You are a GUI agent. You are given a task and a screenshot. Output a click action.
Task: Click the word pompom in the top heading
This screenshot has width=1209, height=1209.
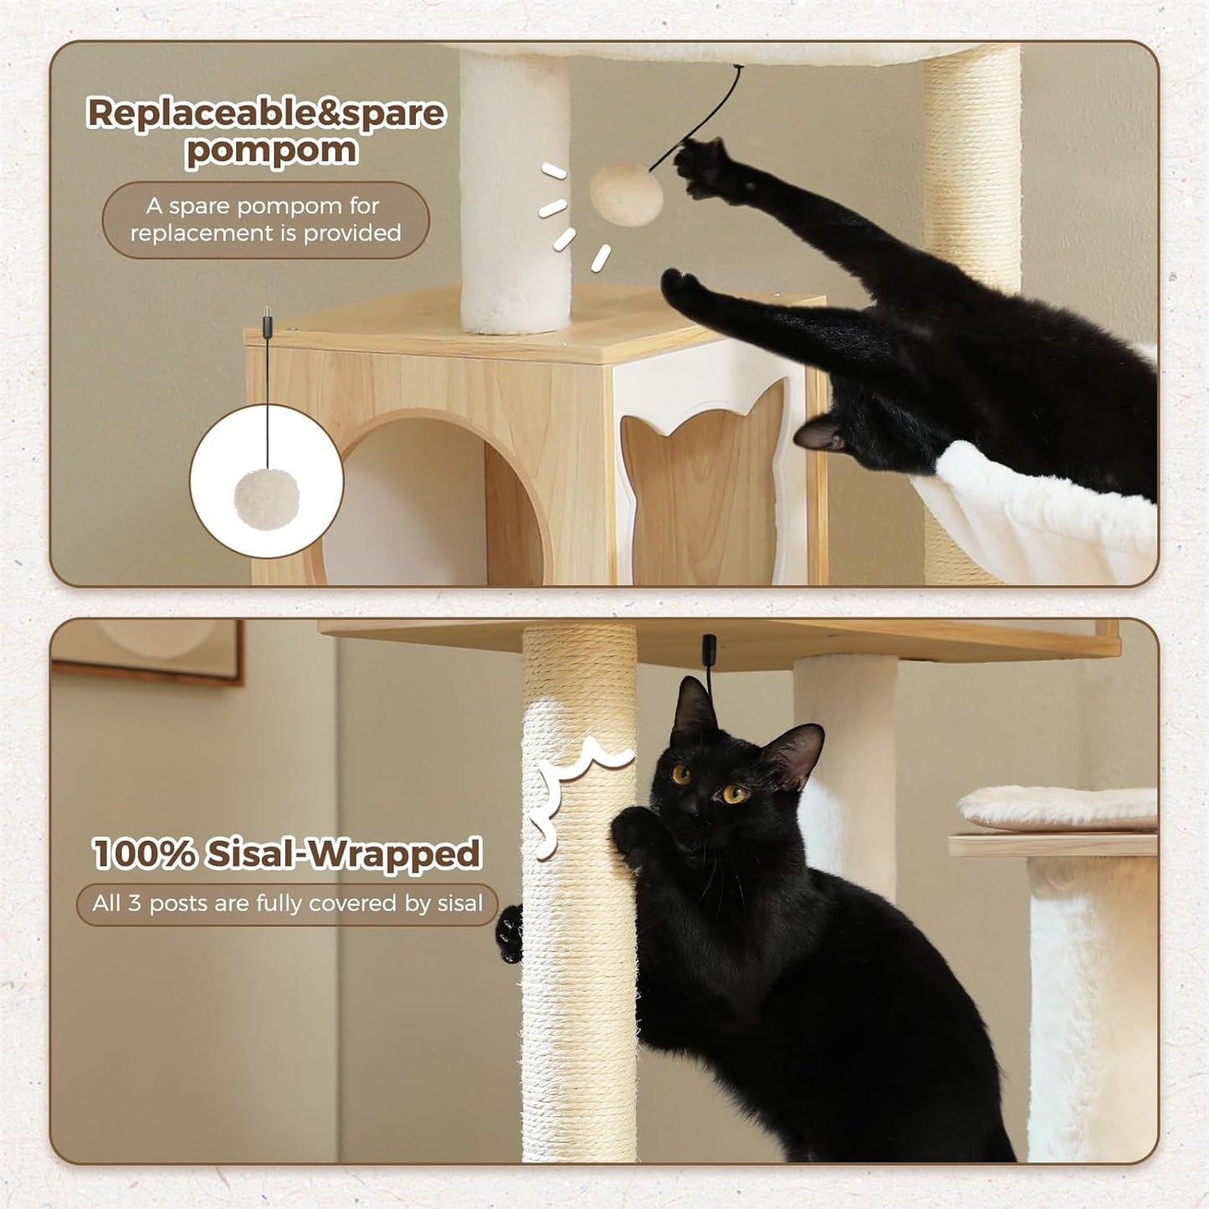point(271,151)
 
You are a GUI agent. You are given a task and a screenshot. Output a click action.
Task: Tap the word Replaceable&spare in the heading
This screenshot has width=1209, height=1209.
point(266,113)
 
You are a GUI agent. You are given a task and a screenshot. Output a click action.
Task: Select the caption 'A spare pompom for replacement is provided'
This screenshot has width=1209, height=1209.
point(265,219)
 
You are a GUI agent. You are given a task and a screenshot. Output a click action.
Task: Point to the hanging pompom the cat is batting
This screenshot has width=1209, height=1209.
point(626,194)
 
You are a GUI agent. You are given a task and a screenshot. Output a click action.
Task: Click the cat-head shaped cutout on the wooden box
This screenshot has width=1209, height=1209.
point(704,486)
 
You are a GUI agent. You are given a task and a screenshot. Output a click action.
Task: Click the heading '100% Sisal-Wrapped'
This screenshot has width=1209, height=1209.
point(286,853)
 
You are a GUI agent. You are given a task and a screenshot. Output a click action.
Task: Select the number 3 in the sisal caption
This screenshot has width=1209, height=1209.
point(134,904)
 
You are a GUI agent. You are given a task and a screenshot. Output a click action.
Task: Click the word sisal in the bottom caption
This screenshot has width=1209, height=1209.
point(459,904)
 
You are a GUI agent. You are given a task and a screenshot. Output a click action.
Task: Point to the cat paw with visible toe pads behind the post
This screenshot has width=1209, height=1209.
point(509,932)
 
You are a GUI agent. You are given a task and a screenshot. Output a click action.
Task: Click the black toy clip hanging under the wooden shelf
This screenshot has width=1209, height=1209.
point(710,648)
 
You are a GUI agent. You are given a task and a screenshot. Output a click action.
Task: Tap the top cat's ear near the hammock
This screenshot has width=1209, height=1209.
point(817,433)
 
